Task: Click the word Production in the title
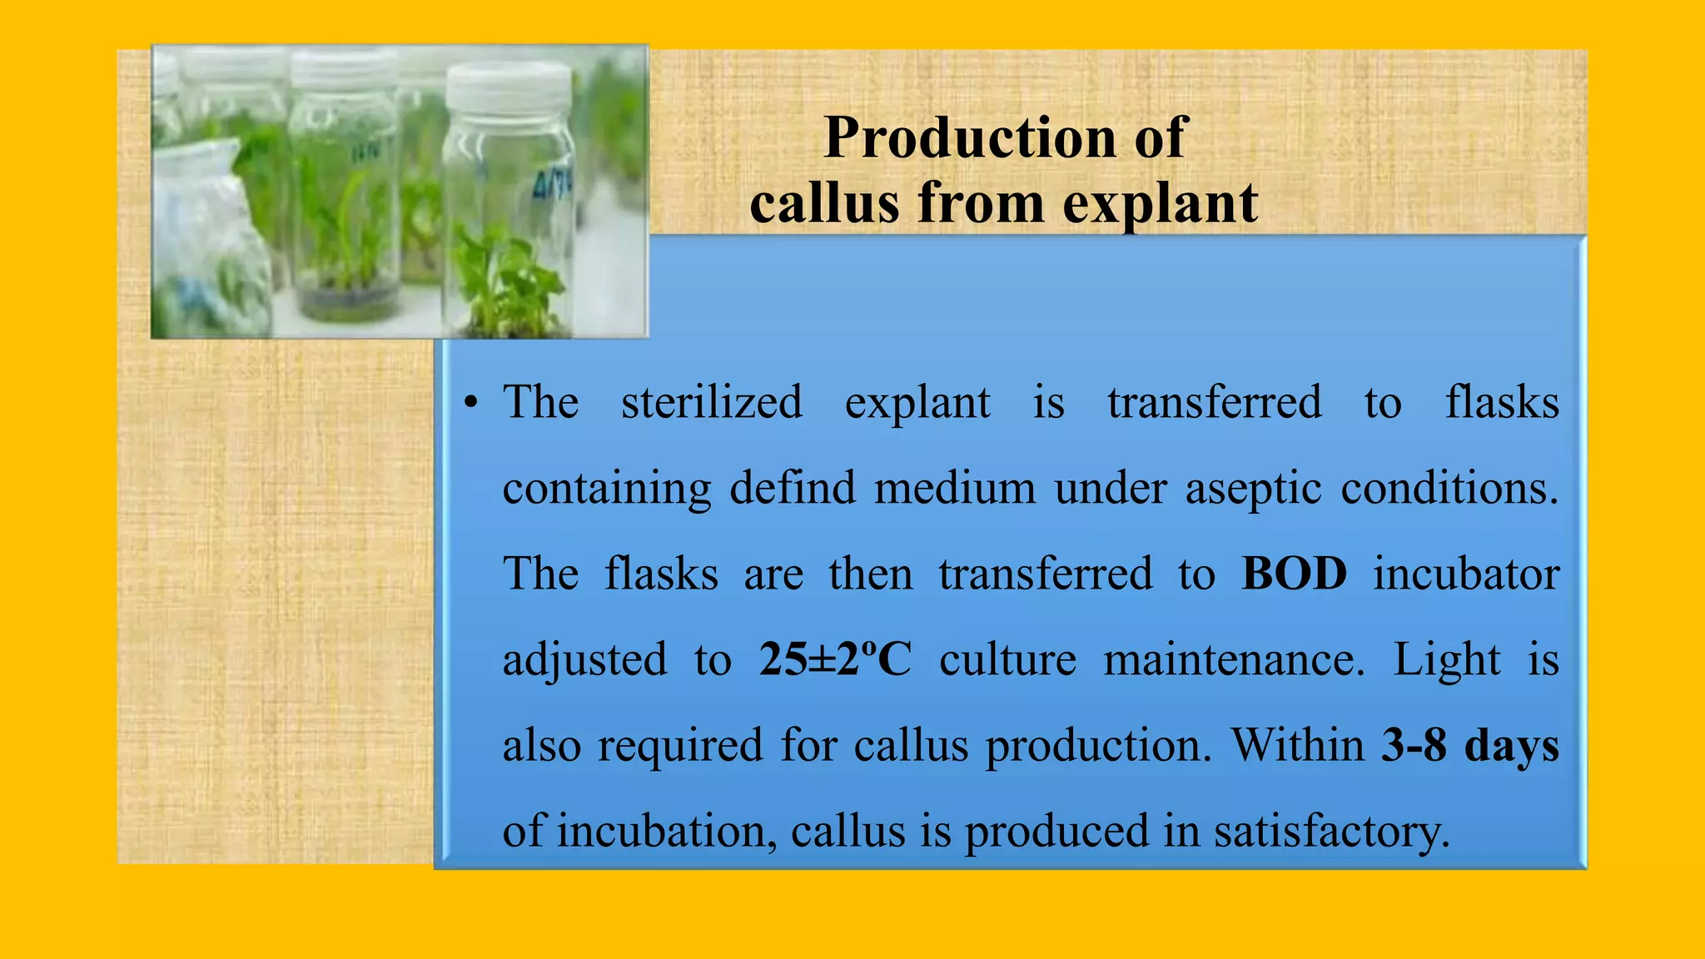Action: pos(969,138)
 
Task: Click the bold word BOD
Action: pos(1294,574)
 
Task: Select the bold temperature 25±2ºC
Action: pos(835,660)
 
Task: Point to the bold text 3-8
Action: pos(1413,745)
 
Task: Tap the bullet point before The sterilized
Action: pos(471,404)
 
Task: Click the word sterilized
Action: pos(712,403)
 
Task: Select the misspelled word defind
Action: pos(792,489)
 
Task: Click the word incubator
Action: pos(1465,574)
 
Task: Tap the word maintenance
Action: pos(1234,660)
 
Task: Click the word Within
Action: pos(1298,745)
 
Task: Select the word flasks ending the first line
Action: pos(1502,403)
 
